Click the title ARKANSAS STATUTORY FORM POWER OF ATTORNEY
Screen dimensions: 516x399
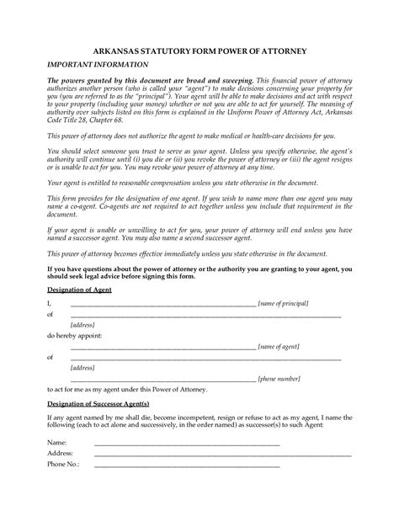click(x=199, y=51)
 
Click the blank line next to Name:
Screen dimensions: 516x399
click(x=186, y=444)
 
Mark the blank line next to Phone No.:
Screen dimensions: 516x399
click(x=186, y=465)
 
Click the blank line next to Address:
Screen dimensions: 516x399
click(x=186, y=455)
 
